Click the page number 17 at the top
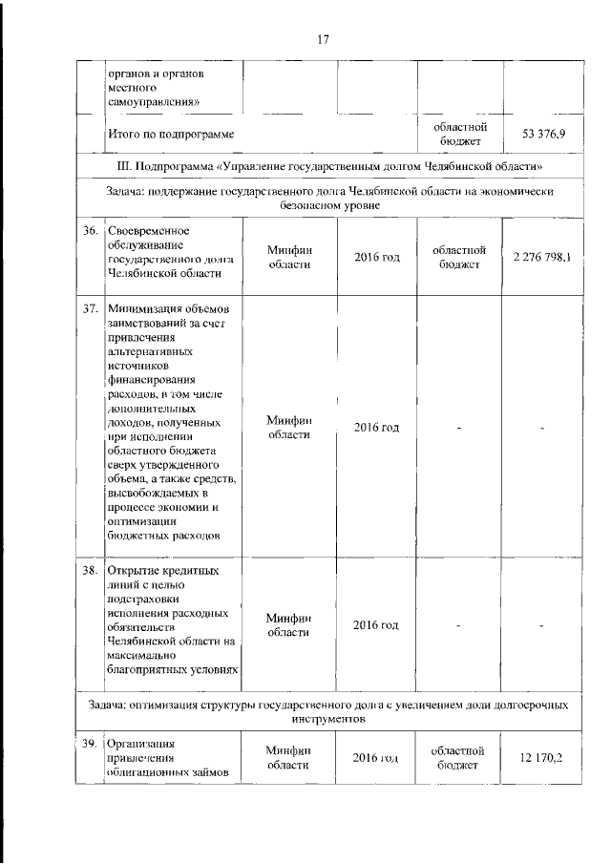[323, 39]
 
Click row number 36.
[92, 232]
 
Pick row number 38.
[92, 572]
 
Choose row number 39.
[92, 742]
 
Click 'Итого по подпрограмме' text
[171, 135]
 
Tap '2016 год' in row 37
[376, 427]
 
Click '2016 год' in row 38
[376, 624]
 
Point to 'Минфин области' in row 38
[289, 624]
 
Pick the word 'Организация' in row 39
[144, 742]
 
